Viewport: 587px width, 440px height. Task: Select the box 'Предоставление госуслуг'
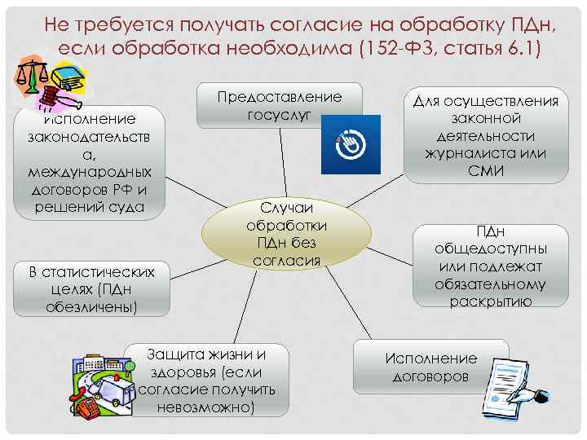click(x=280, y=103)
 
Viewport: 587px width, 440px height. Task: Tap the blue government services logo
click(x=351, y=143)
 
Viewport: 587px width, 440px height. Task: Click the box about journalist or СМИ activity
click(x=486, y=135)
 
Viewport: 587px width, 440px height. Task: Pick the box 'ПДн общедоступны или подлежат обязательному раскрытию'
click(x=491, y=266)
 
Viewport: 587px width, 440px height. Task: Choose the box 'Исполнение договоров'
click(x=430, y=367)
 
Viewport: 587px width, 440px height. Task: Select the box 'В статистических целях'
click(x=91, y=289)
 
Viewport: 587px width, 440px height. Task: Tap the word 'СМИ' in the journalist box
click(x=487, y=171)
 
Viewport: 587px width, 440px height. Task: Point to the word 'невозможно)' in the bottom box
click(x=207, y=407)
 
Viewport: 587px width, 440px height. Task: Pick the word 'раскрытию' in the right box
click(x=491, y=301)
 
